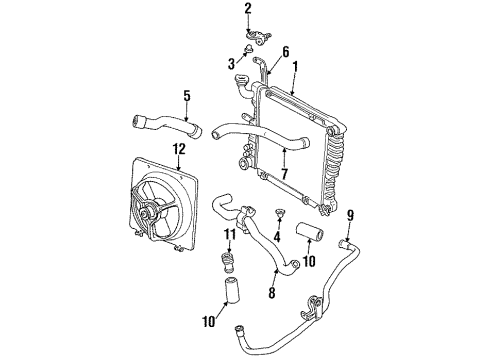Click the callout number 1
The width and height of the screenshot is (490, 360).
296,67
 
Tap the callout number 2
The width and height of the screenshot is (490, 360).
247,9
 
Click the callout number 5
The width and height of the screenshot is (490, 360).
186,97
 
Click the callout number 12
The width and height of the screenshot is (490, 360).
179,152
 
